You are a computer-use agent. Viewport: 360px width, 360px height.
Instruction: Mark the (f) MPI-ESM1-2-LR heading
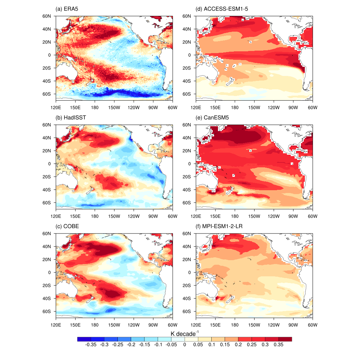(x=220, y=226)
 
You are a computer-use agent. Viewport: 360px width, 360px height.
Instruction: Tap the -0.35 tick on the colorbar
(x=91, y=345)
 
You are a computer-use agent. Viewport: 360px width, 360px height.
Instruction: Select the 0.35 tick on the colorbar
(x=278, y=345)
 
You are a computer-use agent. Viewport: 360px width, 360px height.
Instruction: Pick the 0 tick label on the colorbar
(x=185, y=345)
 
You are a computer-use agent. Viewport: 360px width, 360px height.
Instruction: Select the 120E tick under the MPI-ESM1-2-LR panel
(x=195, y=325)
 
